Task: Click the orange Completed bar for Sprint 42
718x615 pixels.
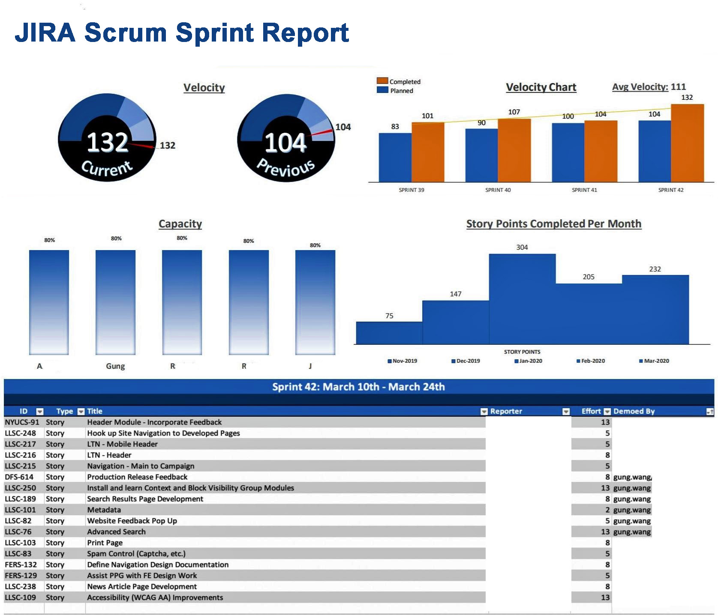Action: (x=687, y=143)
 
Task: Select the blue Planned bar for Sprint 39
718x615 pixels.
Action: (x=395, y=158)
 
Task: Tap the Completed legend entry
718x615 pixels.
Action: (x=399, y=81)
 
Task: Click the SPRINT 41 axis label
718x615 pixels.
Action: (x=584, y=190)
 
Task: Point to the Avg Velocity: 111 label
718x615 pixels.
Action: (x=649, y=87)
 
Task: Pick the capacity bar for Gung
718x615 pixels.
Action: (x=115, y=302)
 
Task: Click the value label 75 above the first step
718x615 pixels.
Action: (x=389, y=316)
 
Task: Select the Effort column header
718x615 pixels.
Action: (x=591, y=411)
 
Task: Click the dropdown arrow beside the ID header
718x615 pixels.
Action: (x=40, y=412)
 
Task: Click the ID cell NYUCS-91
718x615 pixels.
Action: (x=22, y=422)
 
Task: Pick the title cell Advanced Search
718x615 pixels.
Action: (x=117, y=532)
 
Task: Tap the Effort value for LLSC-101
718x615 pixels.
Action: (x=607, y=510)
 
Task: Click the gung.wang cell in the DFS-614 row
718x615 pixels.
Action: (x=632, y=477)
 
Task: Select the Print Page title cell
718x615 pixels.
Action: (x=105, y=543)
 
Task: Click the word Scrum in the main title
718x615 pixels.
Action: (x=125, y=33)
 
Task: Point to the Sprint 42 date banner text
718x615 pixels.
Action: (x=358, y=387)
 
